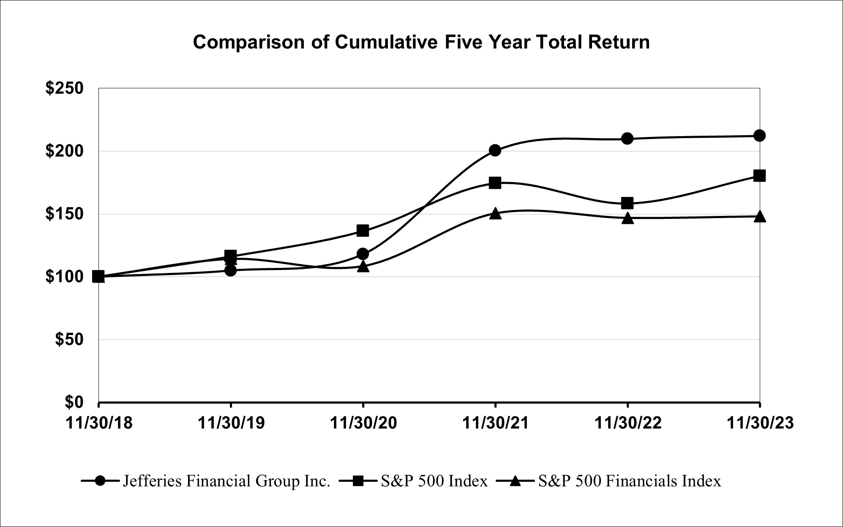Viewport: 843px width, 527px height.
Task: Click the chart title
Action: pyautogui.click(x=421, y=43)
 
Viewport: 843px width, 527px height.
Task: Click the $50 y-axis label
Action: pyautogui.click(x=69, y=340)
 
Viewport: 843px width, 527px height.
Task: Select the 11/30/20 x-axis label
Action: pyautogui.click(x=363, y=423)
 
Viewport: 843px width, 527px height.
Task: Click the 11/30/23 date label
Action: pyautogui.click(x=760, y=423)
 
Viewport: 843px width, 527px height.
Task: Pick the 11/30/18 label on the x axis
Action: pyautogui.click(x=99, y=423)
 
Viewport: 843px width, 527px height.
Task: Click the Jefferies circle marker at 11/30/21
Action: pyautogui.click(x=495, y=150)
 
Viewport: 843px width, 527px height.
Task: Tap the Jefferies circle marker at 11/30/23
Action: pyautogui.click(x=759, y=136)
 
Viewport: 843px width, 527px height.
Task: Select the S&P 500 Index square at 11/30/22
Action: pyautogui.click(x=627, y=203)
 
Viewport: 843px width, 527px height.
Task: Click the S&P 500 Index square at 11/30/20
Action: pyautogui.click(x=363, y=231)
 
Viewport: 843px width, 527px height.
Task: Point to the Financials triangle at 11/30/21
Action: pyautogui.click(x=495, y=213)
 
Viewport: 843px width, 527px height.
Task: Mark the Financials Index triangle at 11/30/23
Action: pyautogui.click(x=759, y=216)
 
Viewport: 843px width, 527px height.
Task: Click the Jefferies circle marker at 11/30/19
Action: pyautogui.click(x=231, y=270)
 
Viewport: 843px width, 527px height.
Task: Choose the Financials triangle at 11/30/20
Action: pyautogui.click(x=363, y=267)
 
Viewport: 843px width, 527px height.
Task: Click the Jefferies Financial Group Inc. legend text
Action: pyautogui.click(x=226, y=481)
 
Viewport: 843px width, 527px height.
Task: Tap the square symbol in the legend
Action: pyautogui.click(x=357, y=481)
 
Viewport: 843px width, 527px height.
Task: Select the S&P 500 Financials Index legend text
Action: pyautogui.click(x=630, y=481)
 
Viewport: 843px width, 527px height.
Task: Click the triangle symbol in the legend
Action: pyautogui.click(x=515, y=481)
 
